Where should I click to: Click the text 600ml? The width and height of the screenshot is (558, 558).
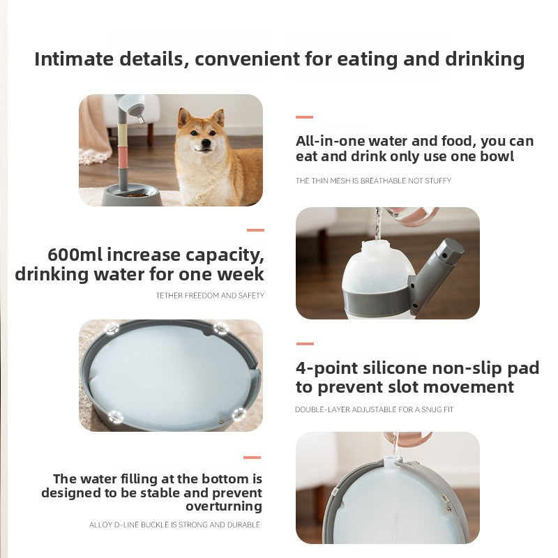pos(76,255)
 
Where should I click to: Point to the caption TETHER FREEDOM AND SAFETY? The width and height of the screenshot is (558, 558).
pos(210,296)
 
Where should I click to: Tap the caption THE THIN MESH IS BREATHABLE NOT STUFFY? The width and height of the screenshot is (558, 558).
pos(373,181)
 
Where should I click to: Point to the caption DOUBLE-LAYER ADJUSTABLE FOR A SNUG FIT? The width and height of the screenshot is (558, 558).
pos(374,410)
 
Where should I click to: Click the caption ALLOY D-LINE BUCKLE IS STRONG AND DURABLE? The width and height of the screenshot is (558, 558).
pos(174,525)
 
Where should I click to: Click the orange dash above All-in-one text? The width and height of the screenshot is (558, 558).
pos(304,117)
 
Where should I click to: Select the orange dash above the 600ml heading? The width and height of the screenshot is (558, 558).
pos(255,229)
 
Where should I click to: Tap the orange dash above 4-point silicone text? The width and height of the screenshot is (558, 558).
pos(304,344)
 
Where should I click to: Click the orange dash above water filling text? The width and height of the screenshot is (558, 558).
pos(252,458)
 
